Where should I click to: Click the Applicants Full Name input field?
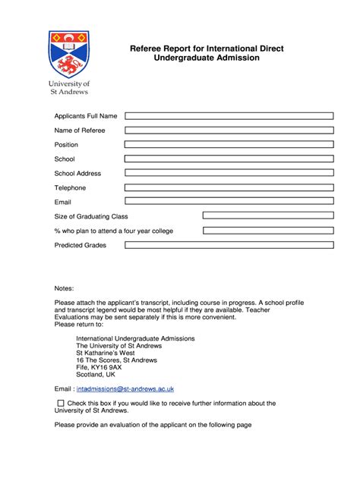229,116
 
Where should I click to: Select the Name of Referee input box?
229,131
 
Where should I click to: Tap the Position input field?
229,144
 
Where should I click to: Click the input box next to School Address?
229,173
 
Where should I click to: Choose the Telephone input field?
229,187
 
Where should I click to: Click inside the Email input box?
229,201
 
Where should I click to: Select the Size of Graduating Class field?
267,216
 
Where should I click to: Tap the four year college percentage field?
267,231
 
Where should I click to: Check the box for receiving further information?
61,404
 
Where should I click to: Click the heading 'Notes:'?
65,288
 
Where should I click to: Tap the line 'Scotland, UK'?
96,374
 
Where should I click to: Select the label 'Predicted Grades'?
81,245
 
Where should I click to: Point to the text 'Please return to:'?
79,324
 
